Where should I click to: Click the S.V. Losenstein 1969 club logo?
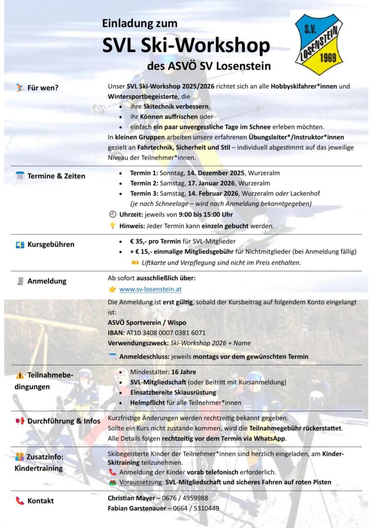click(319, 44)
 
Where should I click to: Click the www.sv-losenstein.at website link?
click(150, 290)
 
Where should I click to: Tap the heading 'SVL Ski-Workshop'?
click(186, 45)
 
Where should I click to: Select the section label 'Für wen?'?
click(43, 88)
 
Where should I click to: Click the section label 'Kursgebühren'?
click(50, 244)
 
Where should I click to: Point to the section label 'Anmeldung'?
click(47, 281)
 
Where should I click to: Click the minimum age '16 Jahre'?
click(184, 372)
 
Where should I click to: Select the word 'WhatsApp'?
click(267, 438)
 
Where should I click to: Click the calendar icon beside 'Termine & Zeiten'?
click(20, 176)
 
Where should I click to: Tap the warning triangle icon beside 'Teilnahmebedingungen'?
click(20, 375)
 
